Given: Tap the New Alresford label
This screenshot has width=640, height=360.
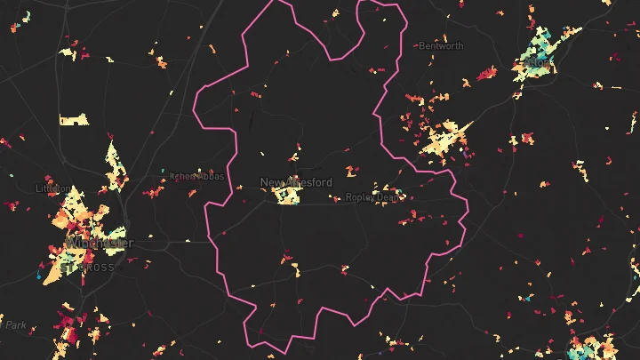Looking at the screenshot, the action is (x=295, y=182).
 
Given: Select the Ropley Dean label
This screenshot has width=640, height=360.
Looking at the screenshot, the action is (x=372, y=197).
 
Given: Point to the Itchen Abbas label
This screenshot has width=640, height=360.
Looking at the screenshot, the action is (x=198, y=176).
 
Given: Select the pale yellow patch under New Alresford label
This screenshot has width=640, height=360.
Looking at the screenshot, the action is (x=286, y=196).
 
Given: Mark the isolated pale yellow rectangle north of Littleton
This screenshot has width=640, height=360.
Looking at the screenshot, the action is (x=74, y=119).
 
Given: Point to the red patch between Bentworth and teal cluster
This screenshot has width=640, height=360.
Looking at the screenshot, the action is (x=485, y=75).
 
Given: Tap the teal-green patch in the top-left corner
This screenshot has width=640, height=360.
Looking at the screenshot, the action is (x=26, y=16).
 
